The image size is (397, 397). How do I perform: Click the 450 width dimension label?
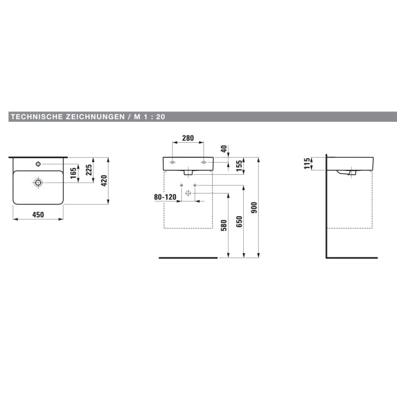tap(38, 214)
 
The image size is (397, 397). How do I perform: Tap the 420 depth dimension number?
tap(104, 181)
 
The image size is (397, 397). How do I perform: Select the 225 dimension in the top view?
tap(89, 170)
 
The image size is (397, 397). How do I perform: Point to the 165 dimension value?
tap(73, 173)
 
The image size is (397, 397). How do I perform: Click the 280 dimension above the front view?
tap(188, 138)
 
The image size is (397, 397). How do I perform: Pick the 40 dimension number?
tap(224, 149)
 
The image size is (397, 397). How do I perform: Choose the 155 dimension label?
tap(239, 166)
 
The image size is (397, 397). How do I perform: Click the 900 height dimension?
tap(254, 208)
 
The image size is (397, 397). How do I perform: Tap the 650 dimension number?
tap(239, 222)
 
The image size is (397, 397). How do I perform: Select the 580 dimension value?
tap(224, 226)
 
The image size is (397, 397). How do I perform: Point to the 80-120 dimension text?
tap(165, 197)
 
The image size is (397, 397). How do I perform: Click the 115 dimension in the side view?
tap(307, 163)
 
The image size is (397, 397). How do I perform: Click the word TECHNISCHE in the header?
tap(37, 117)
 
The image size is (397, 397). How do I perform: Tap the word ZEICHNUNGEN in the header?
tap(95, 117)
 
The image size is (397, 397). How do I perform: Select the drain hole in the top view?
tap(38, 183)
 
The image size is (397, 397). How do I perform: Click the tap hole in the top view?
tap(38, 164)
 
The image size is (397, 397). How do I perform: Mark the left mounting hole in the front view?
tap(173, 162)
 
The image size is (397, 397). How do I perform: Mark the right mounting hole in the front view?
tap(203, 162)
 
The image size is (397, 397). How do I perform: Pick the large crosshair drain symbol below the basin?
tap(188, 193)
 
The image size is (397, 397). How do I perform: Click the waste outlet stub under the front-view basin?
tap(188, 173)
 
